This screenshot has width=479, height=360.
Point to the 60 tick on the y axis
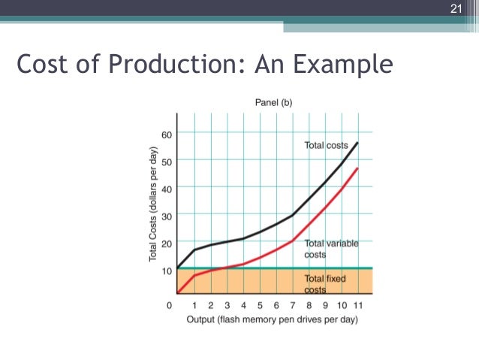[166, 134]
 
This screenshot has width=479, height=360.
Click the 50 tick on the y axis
[166, 161]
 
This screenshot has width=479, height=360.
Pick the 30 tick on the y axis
[166, 216]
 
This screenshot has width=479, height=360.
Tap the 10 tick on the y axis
[166, 270]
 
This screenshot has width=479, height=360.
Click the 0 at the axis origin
[170, 305]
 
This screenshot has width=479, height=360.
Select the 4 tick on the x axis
[243, 305]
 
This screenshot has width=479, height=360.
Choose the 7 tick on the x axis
[292, 305]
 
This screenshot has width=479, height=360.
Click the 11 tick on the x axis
[357, 305]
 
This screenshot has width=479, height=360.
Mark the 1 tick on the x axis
[194, 305]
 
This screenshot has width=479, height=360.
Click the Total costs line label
[326, 145]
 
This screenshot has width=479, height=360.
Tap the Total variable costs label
[331, 249]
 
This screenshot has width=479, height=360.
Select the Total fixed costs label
[325, 283]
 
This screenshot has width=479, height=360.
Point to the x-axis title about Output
[272, 319]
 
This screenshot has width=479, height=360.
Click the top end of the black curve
[357, 142]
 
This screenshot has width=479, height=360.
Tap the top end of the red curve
[357, 168]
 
